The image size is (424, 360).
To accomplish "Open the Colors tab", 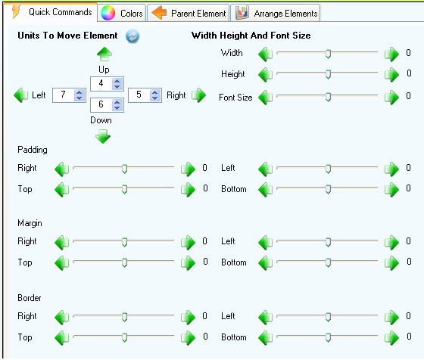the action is tap(122, 13).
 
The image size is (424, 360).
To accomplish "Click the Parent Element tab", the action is tap(189, 13).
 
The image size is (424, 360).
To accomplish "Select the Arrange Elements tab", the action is tap(276, 13).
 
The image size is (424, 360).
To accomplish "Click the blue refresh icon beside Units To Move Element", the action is tap(132, 36).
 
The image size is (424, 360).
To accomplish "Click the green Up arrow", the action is tap(104, 54).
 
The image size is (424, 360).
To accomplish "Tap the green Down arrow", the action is tap(103, 136).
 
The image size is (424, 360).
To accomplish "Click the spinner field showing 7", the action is tap(69, 95).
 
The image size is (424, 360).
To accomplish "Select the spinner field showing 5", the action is tap(145, 95).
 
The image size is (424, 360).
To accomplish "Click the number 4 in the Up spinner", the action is tap(101, 83).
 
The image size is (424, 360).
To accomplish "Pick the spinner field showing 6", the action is tap(107, 105).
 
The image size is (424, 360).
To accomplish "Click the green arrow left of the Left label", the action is tap(21, 95).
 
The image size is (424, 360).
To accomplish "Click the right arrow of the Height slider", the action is tap(391, 75).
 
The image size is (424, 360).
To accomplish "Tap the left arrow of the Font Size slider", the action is tap(266, 98).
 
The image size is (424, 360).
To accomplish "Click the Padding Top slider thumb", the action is tap(124, 189).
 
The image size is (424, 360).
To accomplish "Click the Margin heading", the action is tap(30, 223).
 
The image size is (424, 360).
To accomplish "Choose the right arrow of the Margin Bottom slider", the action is tap(391, 262).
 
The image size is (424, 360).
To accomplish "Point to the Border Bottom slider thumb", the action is tap(328, 337).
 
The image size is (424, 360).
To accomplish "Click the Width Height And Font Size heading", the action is tap(251, 36).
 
